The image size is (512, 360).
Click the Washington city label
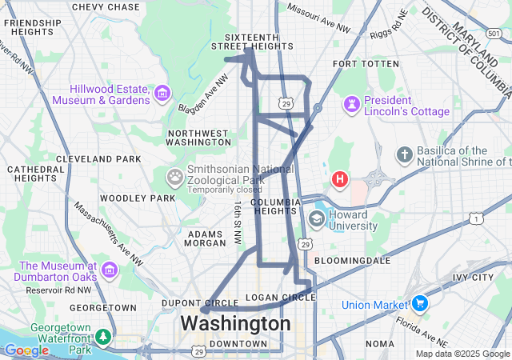[x=235, y=324]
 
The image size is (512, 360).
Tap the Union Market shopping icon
[x=418, y=304]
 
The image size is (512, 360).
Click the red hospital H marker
[x=340, y=178]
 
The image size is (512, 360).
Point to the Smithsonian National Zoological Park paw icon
[x=174, y=175]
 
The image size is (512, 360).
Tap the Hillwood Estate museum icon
[x=162, y=94]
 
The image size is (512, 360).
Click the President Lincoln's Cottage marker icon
[x=351, y=106]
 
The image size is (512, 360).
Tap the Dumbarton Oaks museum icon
[x=110, y=271]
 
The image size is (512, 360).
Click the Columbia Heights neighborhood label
[x=275, y=206]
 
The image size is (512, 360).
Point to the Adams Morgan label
[x=206, y=238]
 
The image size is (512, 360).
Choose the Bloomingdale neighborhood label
[x=352, y=261]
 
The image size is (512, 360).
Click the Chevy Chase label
[x=106, y=7]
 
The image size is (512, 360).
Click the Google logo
[x=26, y=350]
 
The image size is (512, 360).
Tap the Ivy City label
[x=473, y=278]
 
